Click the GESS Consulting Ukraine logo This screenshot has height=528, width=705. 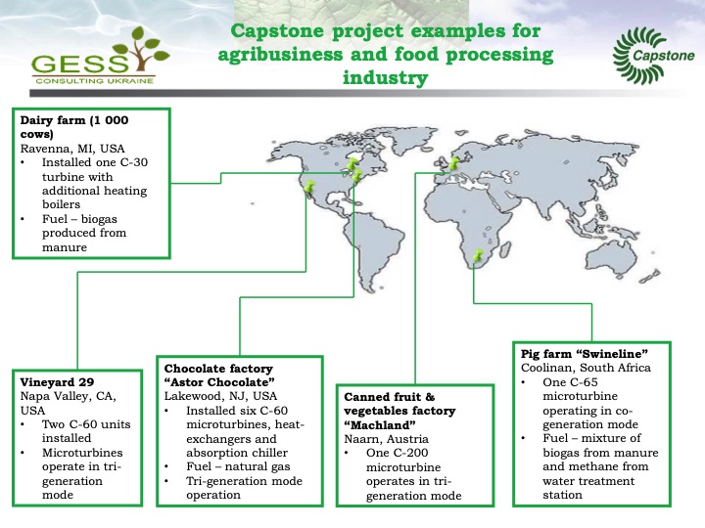coord(94,59)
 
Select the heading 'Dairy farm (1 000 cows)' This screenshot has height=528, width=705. coord(72,127)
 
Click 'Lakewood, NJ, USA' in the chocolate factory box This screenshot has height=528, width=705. coord(221,396)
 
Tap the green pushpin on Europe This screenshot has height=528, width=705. coord(454,163)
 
